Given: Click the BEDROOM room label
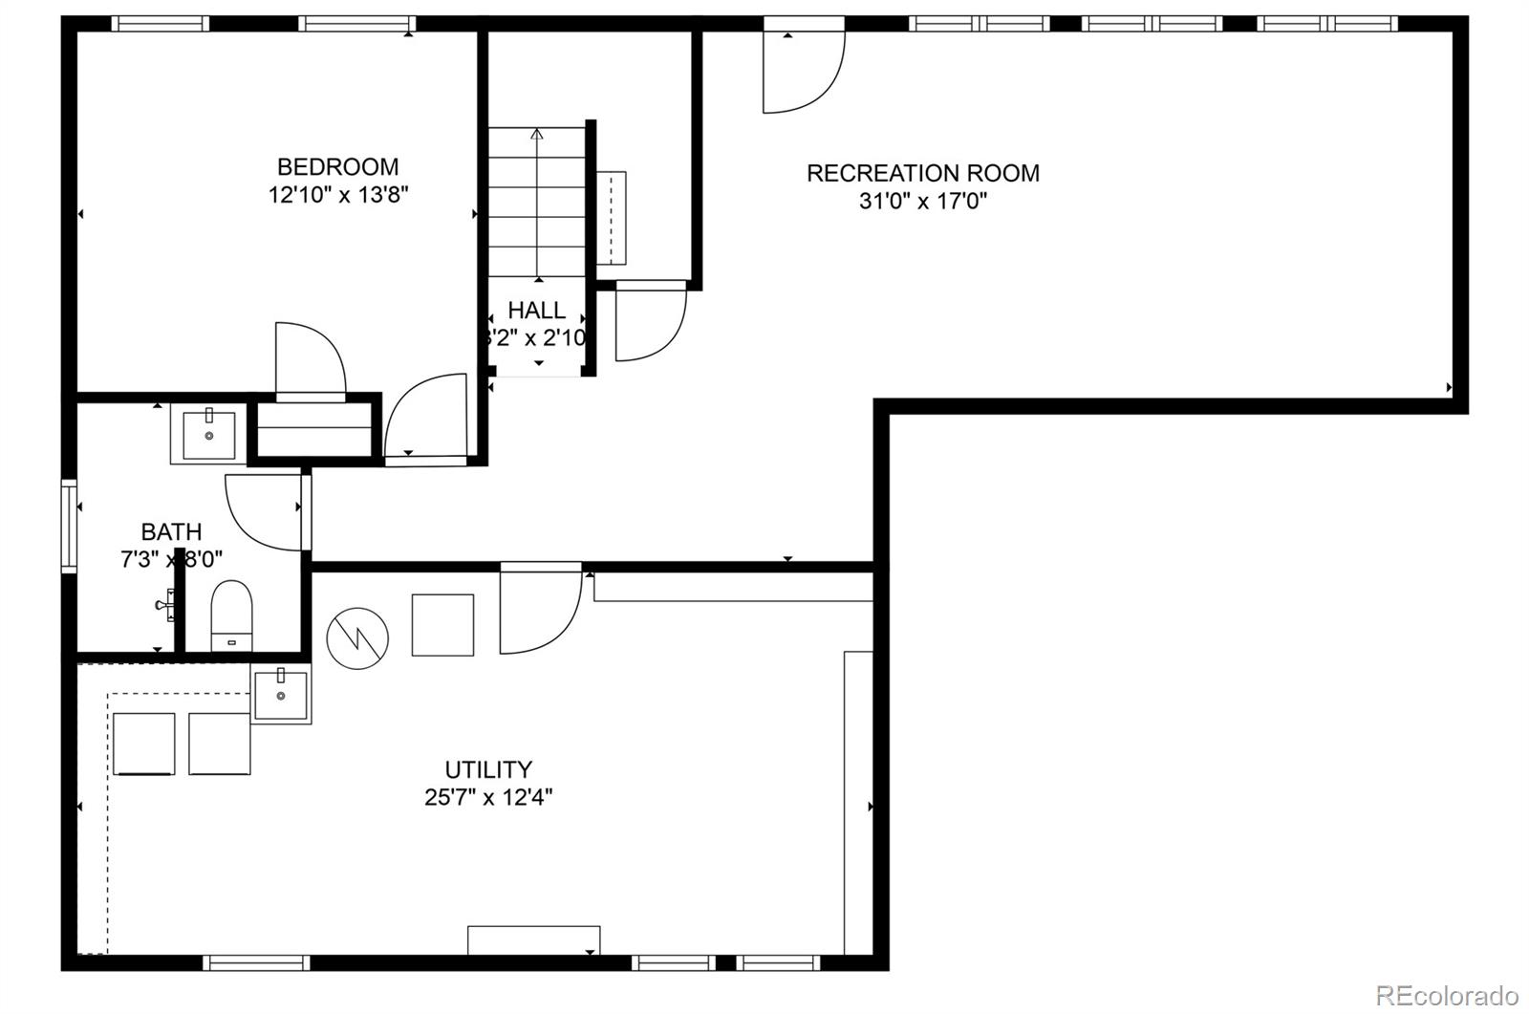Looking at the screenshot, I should tap(337, 167).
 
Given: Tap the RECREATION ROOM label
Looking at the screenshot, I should tap(922, 173).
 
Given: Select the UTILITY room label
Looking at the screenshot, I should tap(488, 769).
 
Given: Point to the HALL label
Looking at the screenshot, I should tap(536, 311).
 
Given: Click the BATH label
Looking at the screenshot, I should tap(171, 531).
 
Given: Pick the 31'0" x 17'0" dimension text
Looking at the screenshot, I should tap(922, 202).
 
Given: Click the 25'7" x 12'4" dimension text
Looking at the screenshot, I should tap(488, 797).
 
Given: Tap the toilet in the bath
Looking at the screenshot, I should tap(230, 615).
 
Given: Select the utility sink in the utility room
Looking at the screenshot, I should tap(281, 695).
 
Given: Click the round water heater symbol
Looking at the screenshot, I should tap(357, 637).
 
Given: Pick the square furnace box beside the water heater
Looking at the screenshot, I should tap(442, 625).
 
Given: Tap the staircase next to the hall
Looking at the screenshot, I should tap(537, 203).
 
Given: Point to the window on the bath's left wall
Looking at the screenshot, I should tap(69, 525).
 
